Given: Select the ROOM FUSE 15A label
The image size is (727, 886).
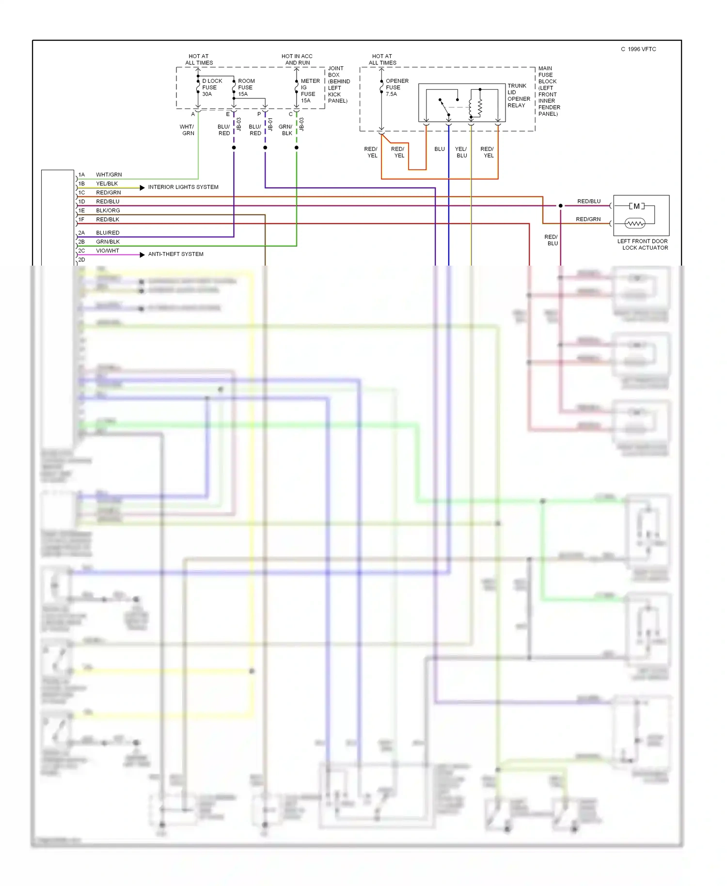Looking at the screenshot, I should [246, 88].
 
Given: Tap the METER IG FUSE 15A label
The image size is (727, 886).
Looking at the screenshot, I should [310, 91].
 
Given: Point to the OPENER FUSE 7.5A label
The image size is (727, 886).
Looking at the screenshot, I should [396, 88].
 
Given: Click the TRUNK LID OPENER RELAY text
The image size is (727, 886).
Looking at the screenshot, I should [519, 95].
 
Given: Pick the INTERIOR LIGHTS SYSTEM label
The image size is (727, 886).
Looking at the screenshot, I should [183, 187].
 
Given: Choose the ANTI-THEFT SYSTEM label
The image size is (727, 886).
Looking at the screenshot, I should [175, 254].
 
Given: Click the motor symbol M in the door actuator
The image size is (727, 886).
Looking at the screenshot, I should [636, 206].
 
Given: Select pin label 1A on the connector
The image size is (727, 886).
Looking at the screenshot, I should [81, 174].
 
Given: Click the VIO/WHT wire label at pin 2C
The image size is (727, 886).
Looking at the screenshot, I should [108, 251].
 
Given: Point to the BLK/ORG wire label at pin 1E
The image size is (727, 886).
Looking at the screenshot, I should [108, 210].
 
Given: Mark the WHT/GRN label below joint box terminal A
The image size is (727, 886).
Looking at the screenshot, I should [188, 130].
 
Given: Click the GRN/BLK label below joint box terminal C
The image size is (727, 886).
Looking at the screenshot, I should [286, 130].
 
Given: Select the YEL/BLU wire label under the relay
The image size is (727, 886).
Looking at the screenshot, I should [461, 152].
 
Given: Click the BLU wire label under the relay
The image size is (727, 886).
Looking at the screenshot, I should [439, 149].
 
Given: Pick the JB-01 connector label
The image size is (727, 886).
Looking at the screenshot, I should [270, 125].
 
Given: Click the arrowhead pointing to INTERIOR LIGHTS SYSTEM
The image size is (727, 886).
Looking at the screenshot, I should [142, 188].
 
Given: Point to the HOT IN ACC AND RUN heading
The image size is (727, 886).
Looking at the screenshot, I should [297, 60].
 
